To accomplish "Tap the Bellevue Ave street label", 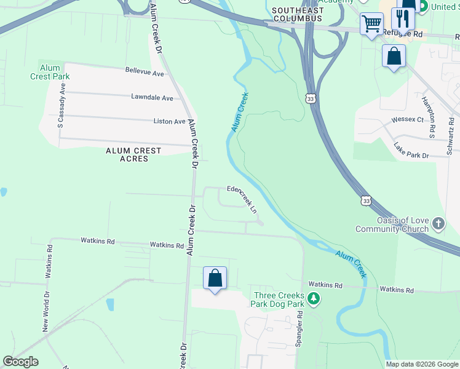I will (145, 73).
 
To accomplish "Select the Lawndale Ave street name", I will (152, 97).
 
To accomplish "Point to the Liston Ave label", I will (169, 122).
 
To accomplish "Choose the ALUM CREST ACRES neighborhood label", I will (133, 154).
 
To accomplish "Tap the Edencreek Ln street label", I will (242, 197).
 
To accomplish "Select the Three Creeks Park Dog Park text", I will (279, 300).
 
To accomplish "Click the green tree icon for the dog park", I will (314, 299).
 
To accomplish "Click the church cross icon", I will (438, 223).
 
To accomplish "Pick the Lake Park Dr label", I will (411, 151).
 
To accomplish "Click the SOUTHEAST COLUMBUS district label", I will (297, 15).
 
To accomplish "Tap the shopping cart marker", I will (371, 25).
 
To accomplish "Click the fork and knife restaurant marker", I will (403, 18).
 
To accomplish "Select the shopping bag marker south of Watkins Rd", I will (215, 278).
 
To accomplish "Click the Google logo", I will (20, 362).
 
